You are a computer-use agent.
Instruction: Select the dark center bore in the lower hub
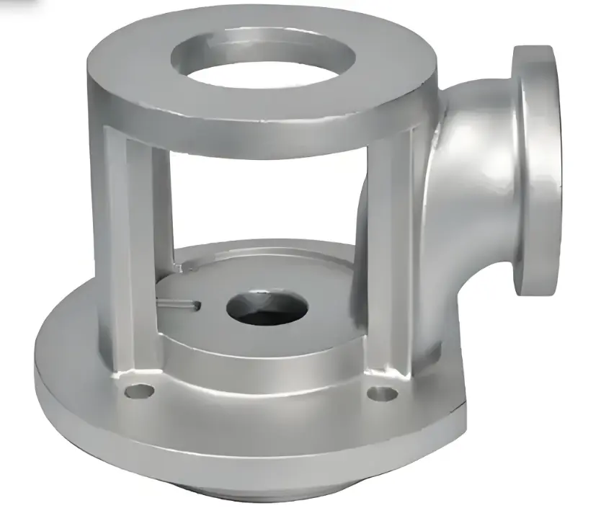(267, 306)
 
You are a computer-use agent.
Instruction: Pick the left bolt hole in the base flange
(139, 391)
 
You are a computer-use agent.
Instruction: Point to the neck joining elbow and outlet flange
(508, 180)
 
